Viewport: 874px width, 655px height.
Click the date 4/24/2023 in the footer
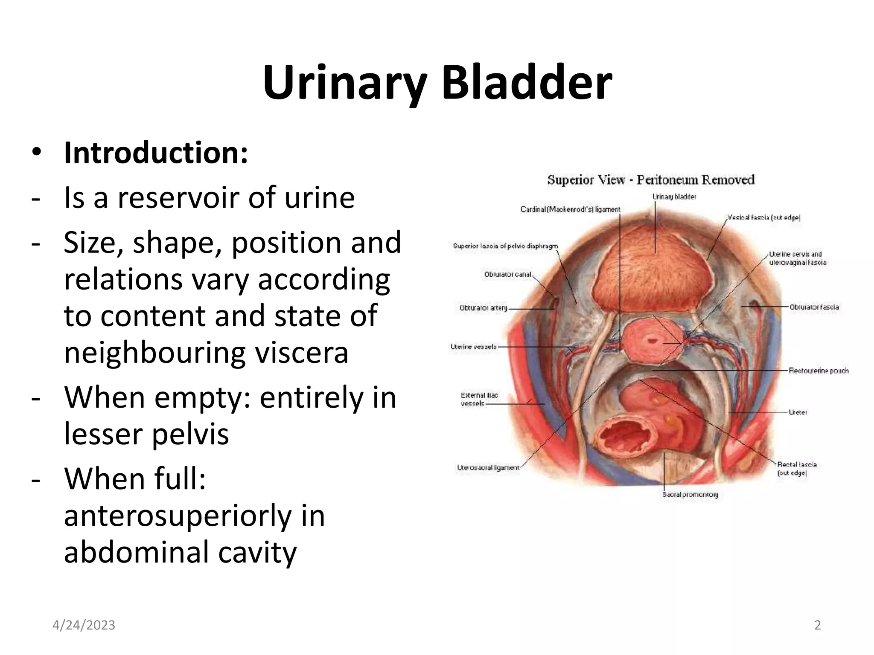click(x=84, y=625)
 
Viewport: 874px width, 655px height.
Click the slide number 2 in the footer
click(x=817, y=625)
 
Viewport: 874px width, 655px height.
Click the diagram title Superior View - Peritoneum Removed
click(x=651, y=180)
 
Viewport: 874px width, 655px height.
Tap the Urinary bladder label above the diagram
click(x=674, y=197)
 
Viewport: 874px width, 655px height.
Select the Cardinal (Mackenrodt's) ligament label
click(x=570, y=209)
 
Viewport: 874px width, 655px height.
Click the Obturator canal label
click(x=507, y=274)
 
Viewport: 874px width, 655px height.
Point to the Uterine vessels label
click(x=474, y=347)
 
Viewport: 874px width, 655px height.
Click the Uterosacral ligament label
click(x=488, y=467)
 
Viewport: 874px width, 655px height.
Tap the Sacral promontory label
click(x=690, y=494)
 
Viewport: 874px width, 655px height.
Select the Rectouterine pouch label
click(x=819, y=371)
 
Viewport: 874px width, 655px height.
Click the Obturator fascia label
click(x=814, y=307)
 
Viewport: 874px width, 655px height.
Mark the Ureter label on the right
click(x=798, y=412)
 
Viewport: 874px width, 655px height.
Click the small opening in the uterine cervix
click(x=652, y=340)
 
